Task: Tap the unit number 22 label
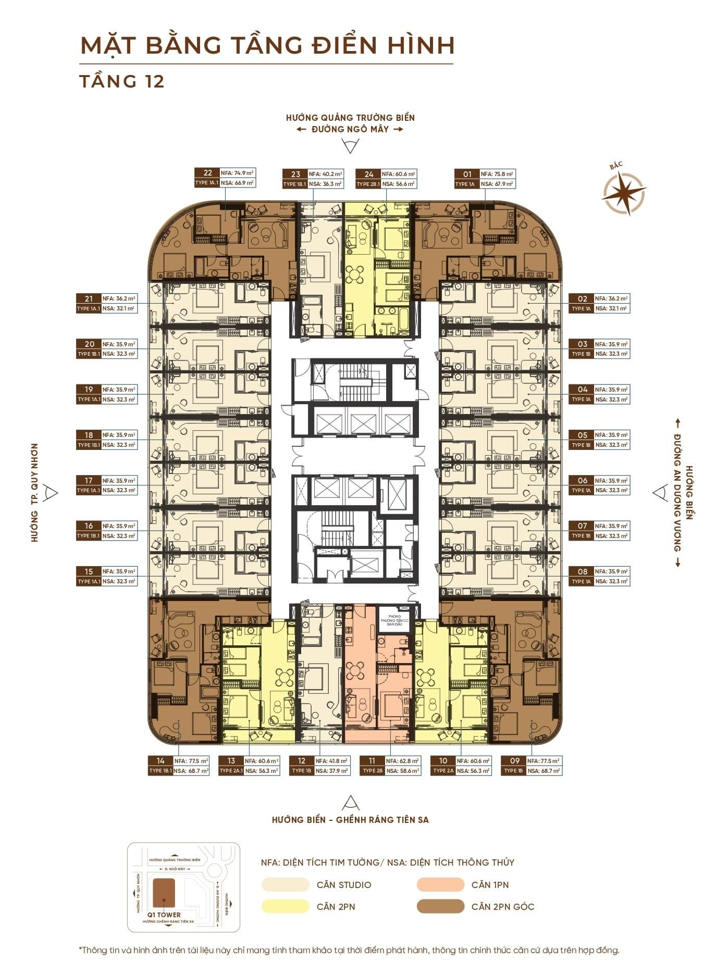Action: point(207,173)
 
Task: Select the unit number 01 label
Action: point(466,174)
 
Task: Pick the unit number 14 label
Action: point(160,761)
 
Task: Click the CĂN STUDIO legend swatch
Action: point(285,884)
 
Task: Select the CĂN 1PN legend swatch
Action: point(440,884)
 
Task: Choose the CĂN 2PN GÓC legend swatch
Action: point(440,906)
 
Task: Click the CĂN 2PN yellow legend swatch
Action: point(285,906)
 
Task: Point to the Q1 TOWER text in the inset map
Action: point(164,915)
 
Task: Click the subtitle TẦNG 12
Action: point(122,81)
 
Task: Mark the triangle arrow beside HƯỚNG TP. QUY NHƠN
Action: point(51,492)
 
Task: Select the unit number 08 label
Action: point(582,571)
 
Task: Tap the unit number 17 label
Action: point(89,480)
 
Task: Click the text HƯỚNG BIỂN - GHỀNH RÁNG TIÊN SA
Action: point(350,820)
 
